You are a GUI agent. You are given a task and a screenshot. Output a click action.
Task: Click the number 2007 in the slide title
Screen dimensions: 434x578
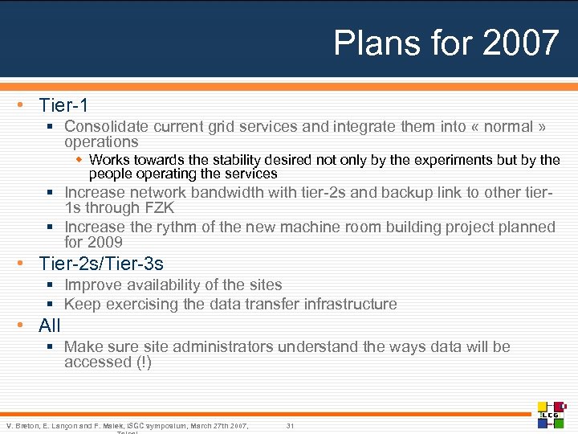pyautogui.click(x=520, y=43)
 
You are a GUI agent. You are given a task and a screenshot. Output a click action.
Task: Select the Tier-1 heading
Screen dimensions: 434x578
pyautogui.click(x=63, y=105)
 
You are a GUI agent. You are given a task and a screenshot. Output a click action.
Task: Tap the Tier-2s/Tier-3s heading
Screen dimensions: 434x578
pyautogui.click(x=101, y=264)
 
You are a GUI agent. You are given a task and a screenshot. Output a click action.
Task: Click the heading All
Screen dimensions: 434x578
pyautogui.click(x=50, y=325)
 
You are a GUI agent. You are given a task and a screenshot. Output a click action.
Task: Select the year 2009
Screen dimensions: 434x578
pyautogui.click(x=104, y=242)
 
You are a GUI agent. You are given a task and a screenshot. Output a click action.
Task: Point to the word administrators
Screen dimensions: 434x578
pyautogui.click(x=222, y=347)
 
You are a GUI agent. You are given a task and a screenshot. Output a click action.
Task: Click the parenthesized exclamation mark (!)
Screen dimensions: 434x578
pyautogui.click(x=143, y=362)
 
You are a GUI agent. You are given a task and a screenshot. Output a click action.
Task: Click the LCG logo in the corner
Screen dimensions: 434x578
pyautogui.click(x=552, y=415)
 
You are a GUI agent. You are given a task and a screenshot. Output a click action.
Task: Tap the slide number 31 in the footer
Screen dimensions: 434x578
pyautogui.click(x=291, y=425)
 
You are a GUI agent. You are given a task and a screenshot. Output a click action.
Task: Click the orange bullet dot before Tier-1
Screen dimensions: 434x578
pyautogui.click(x=28, y=105)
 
